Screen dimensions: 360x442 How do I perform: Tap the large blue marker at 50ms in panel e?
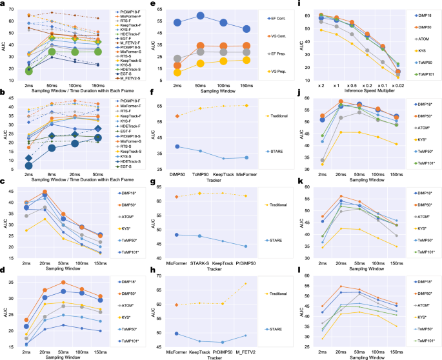tap(201, 15)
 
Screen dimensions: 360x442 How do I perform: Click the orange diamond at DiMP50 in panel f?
tap(177, 116)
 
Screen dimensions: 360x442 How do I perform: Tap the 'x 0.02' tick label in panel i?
tap(400, 85)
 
